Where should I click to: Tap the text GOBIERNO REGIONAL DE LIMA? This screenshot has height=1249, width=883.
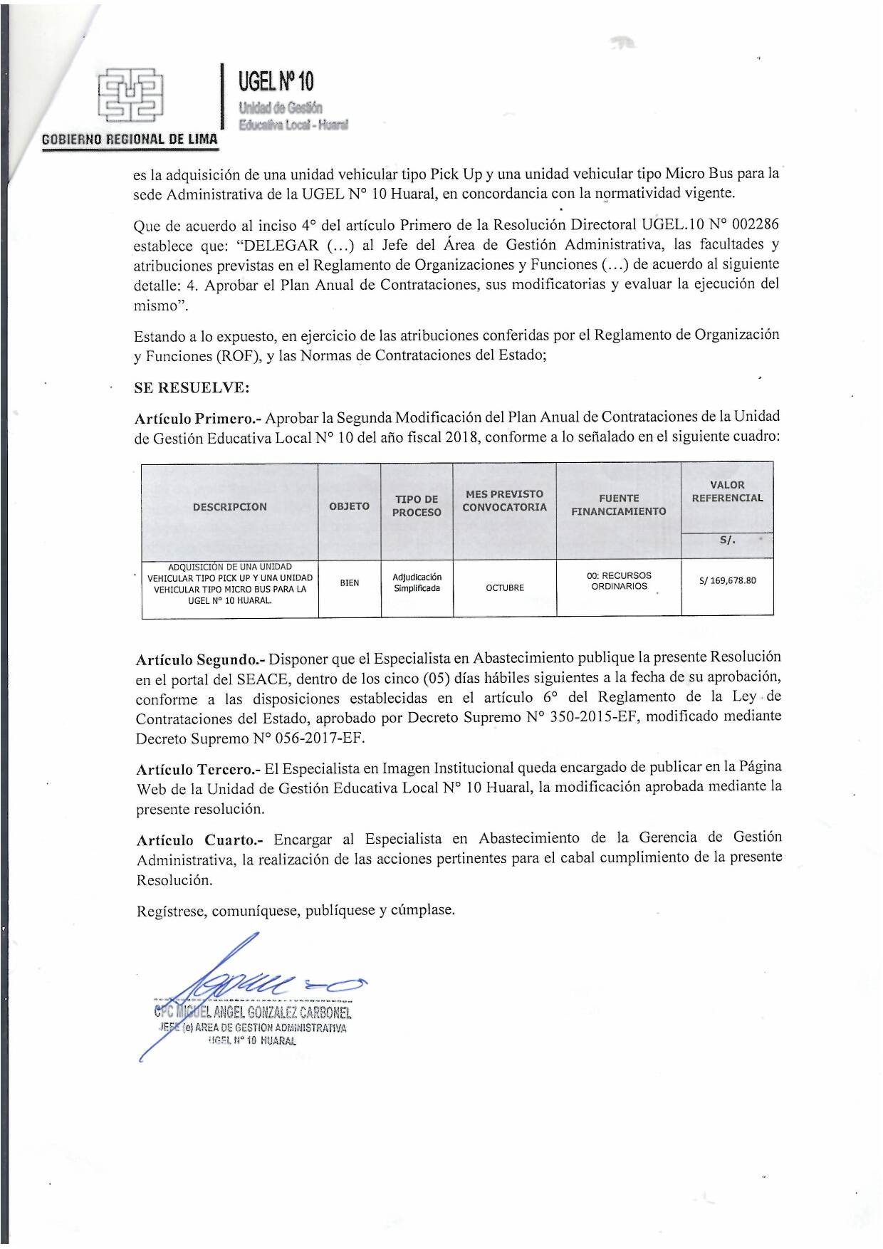pyautogui.click(x=130, y=139)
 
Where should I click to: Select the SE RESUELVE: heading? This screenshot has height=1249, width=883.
pyautogui.click(x=192, y=388)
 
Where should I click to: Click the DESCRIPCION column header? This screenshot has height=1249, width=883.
pyautogui.click(x=229, y=507)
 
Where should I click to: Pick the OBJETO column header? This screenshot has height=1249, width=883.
pyautogui.click(x=349, y=506)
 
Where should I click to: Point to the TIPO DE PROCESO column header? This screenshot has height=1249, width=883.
pyautogui.click(x=417, y=506)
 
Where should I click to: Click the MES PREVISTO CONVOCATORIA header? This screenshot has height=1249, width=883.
pyautogui.click(x=504, y=501)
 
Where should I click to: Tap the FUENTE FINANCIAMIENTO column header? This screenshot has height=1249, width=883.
pyautogui.click(x=618, y=505)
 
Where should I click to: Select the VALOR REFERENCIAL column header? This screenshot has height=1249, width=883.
pyautogui.click(x=727, y=491)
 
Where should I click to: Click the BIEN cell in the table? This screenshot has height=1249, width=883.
pyautogui.click(x=349, y=582)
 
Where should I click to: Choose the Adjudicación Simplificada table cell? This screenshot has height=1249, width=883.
pyautogui.click(x=417, y=582)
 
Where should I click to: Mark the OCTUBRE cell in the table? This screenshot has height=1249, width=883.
pyautogui.click(x=504, y=587)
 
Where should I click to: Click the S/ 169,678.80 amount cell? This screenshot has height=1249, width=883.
pyautogui.click(x=727, y=580)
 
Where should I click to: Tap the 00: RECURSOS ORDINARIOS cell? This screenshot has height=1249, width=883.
pyautogui.click(x=619, y=581)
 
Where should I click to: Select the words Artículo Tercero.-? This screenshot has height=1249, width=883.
pyautogui.click(x=198, y=769)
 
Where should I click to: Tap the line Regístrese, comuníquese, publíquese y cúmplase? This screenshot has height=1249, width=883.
pyautogui.click(x=296, y=910)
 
